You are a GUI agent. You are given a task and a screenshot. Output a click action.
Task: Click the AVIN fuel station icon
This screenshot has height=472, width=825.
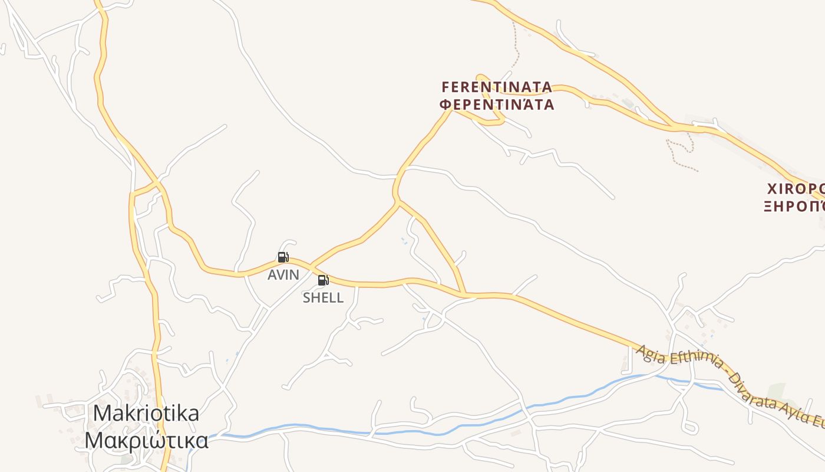click(x=283, y=257)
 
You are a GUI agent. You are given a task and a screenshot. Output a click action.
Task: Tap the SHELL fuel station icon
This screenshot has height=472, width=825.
click(x=323, y=280)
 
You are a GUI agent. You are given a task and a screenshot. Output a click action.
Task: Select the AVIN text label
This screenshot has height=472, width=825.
click(x=283, y=274)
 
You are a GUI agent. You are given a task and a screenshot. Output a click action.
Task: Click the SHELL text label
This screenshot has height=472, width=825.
click(x=323, y=298)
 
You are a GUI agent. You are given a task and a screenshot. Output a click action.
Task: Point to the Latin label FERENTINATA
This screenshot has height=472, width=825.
click(x=497, y=87)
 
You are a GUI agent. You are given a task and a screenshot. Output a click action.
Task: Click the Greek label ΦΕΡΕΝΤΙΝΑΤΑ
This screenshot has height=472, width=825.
click(x=498, y=105)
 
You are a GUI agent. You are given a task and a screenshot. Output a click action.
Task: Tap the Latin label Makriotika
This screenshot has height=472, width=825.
click(x=146, y=413)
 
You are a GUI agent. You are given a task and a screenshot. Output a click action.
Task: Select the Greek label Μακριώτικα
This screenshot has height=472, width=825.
click(x=146, y=440)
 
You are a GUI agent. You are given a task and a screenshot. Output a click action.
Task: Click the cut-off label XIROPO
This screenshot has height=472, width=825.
click(x=795, y=189)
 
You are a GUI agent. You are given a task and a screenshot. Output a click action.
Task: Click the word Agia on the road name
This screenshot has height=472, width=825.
click(x=649, y=353)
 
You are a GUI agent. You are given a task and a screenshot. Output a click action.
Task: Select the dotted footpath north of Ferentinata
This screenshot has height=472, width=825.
click(x=516, y=47)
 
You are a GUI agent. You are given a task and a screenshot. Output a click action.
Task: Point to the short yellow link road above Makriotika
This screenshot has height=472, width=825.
click(x=145, y=189)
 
